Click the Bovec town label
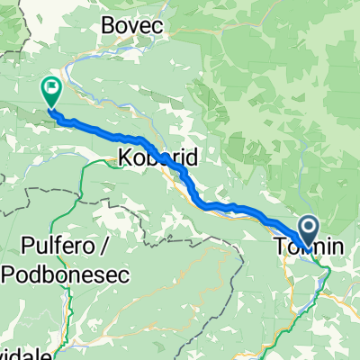[x=134, y=26]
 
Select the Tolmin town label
[x=301, y=244]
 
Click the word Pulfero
[x=60, y=245]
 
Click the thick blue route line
[x=225, y=208]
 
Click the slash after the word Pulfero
[x=104, y=245]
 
